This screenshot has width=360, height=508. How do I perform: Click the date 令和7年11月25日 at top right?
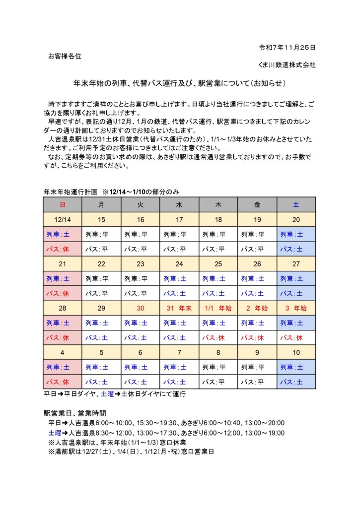(x=288, y=48)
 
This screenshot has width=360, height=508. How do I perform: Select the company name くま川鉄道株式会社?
(x=287, y=65)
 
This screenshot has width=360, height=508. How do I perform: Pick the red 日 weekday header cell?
(x=62, y=204)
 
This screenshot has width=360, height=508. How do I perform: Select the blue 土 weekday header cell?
(x=295, y=204)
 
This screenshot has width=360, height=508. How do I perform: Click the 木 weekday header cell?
(x=218, y=204)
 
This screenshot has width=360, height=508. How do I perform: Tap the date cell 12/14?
(x=62, y=220)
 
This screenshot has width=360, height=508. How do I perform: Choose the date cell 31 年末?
(x=179, y=308)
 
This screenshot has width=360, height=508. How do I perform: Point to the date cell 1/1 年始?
(x=218, y=308)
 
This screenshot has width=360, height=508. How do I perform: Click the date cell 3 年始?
(x=295, y=308)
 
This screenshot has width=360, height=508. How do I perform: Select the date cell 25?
(x=218, y=264)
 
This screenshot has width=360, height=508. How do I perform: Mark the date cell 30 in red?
(x=140, y=308)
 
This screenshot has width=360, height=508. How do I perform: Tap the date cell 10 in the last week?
(x=295, y=352)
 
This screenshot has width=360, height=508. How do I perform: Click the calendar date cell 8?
(x=218, y=352)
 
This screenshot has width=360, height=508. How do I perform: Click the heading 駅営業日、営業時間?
(x=75, y=413)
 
